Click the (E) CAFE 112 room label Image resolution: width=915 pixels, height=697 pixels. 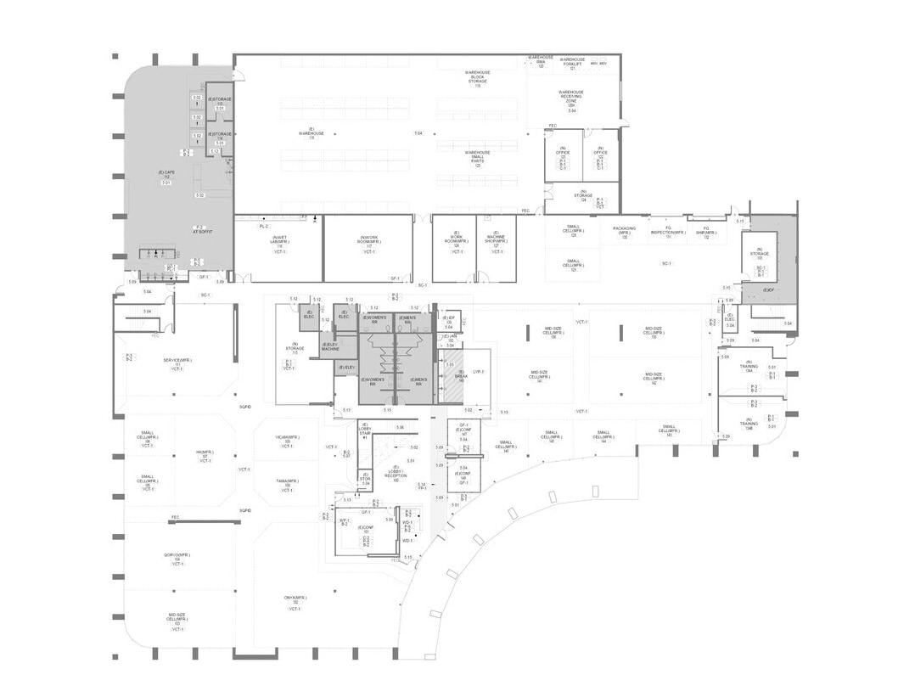pyautogui.click(x=166, y=175)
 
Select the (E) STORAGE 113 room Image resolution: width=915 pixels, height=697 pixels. pyautogui.click(x=221, y=102)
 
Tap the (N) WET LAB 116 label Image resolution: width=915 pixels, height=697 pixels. pyautogui.click(x=277, y=242)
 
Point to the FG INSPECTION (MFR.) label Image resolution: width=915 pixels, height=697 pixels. pyautogui.click(x=668, y=232)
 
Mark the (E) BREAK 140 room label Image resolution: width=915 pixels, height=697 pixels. pyautogui.click(x=461, y=374)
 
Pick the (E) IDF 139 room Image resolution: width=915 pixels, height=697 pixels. pyautogui.click(x=451, y=321)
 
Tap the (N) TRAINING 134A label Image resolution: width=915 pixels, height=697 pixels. pyautogui.click(x=748, y=368)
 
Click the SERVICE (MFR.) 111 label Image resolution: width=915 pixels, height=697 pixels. pyautogui.click(x=177, y=363)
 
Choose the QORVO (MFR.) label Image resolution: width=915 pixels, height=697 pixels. pyautogui.click(x=177, y=557)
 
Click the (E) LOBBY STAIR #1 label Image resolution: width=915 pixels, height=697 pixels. pyautogui.click(x=365, y=430)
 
